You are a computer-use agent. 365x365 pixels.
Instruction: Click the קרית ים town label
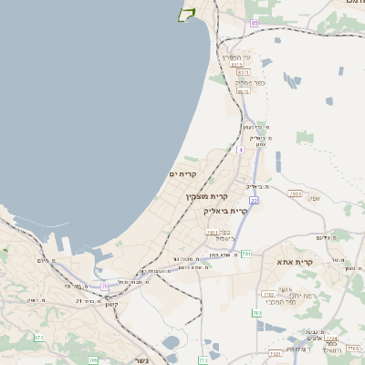(183, 173)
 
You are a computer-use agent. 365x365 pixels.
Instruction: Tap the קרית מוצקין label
(207, 196)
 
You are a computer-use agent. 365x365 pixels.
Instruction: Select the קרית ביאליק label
(225, 211)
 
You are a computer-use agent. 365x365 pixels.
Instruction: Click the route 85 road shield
(255, 22)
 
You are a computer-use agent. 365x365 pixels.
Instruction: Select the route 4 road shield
(240, 149)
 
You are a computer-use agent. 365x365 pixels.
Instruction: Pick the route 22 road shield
(254, 200)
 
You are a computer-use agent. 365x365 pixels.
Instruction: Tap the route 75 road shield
(105, 287)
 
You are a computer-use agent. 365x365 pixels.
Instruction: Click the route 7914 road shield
(294, 193)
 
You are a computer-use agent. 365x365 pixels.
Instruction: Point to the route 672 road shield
(38, 338)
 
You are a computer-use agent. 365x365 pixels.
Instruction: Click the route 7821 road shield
(275, 354)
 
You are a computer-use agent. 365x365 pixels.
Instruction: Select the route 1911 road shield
(212, 233)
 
